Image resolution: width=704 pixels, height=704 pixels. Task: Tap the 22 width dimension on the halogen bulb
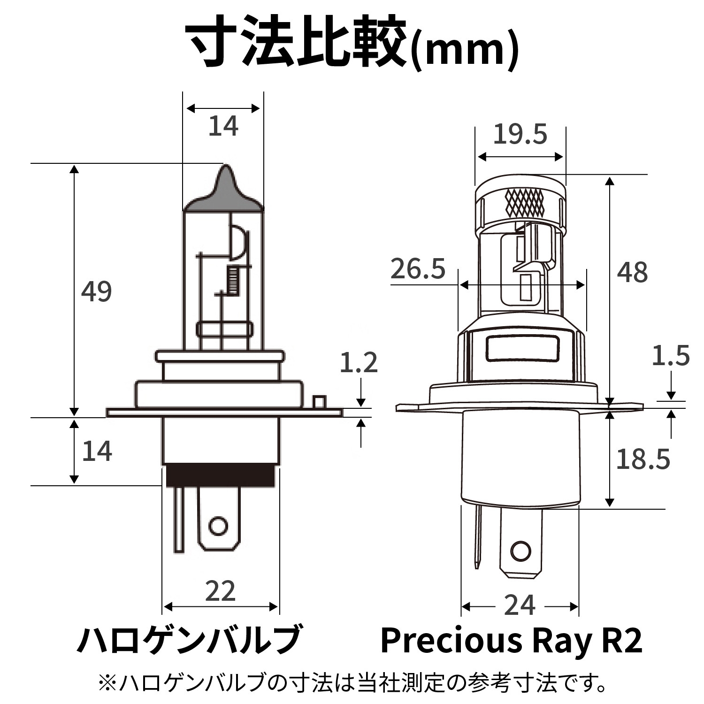[x=220, y=591]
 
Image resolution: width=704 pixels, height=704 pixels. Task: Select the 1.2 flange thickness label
[x=359, y=362]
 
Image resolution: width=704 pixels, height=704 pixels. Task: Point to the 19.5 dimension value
[x=520, y=134]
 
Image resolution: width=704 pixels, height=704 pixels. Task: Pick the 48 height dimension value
[x=632, y=272]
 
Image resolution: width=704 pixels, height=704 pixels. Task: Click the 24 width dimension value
[x=520, y=605]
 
